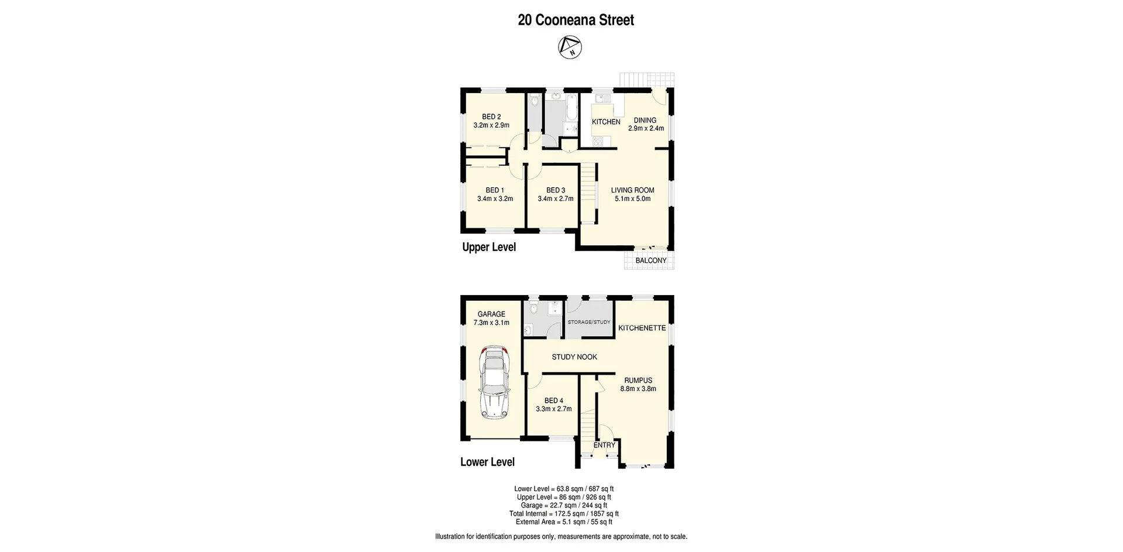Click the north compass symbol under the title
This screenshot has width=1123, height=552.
pyautogui.click(x=570, y=47)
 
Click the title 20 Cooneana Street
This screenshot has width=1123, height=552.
pyautogui.click(x=576, y=20)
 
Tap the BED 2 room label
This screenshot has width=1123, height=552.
pyautogui.click(x=491, y=116)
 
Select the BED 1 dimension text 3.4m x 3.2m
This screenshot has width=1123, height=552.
pyautogui.click(x=495, y=198)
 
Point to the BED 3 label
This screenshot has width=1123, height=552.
pyautogui.click(x=555, y=190)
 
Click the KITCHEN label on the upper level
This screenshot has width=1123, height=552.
pyautogui.click(x=606, y=122)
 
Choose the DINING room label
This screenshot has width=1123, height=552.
pyautogui.click(x=645, y=120)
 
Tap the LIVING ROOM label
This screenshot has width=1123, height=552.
pyautogui.click(x=632, y=190)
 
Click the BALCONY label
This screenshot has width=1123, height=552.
pyautogui.click(x=650, y=260)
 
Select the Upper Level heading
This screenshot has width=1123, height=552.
pyautogui.click(x=489, y=247)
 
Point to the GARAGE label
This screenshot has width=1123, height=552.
pyautogui.click(x=491, y=314)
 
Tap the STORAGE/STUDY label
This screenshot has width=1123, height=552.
pyautogui.click(x=589, y=322)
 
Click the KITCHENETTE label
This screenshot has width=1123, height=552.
pyautogui.click(x=642, y=328)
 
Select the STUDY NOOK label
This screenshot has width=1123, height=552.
pyautogui.click(x=574, y=356)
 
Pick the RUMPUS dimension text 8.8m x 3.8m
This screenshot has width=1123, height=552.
pyautogui.click(x=638, y=389)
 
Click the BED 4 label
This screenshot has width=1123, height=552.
pyautogui.click(x=554, y=401)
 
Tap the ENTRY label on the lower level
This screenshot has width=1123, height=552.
pyautogui.click(x=604, y=445)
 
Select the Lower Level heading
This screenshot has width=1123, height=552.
pyautogui.click(x=487, y=462)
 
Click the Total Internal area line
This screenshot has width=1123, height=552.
pyautogui.click(x=564, y=513)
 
